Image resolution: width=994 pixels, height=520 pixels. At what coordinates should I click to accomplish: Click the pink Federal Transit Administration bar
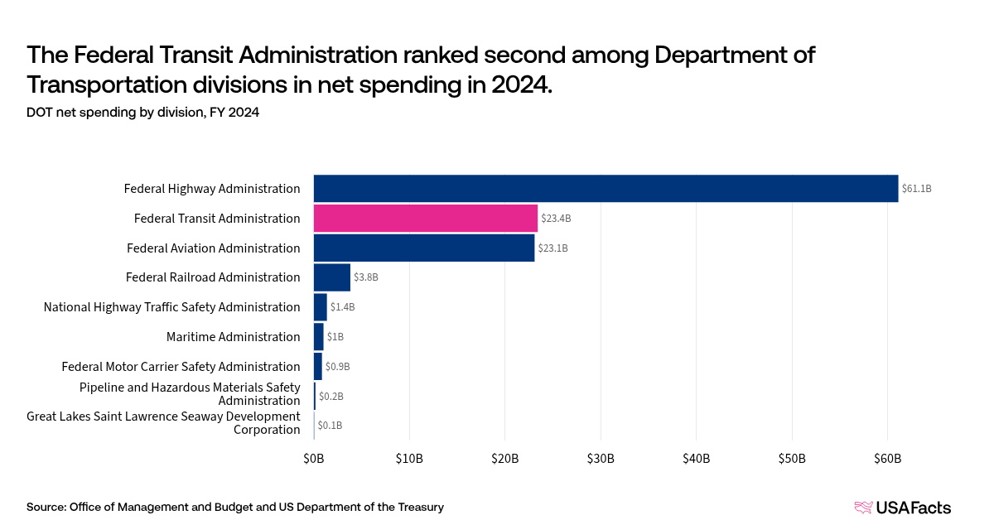click(426, 219)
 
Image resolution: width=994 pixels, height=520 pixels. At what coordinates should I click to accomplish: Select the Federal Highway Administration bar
click(606, 189)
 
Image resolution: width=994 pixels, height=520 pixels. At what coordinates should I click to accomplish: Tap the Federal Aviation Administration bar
click(424, 248)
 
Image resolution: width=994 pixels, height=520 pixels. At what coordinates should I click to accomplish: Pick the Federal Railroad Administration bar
click(332, 277)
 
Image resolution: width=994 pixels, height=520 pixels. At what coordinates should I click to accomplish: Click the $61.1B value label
click(917, 189)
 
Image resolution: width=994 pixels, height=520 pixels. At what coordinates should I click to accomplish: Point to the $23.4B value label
click(556, 219)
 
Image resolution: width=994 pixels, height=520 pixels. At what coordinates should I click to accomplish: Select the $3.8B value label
click(367, 277)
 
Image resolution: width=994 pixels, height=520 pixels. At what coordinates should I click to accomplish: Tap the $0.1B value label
click(330, 426)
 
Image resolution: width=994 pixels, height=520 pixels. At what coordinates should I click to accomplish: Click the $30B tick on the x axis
click(601, 459)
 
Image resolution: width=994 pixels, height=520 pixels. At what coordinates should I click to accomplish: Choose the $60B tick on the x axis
click(887, 459)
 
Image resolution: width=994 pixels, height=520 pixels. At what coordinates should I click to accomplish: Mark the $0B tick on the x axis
click(314, 459)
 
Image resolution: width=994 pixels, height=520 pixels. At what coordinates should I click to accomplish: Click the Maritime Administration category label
click(233, 337)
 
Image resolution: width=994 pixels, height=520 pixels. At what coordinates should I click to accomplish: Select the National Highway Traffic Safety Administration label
click(171, 307)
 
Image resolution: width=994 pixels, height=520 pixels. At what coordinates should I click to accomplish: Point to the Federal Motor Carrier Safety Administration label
click(181, 367)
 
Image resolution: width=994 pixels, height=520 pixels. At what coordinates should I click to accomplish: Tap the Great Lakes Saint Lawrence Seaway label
click(163, 423)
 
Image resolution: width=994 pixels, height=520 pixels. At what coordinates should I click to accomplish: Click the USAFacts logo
click(902, 508)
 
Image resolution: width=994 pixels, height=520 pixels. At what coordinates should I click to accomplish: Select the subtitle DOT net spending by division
click(142, 113)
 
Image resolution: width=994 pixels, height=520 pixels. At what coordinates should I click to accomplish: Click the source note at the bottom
click(234, 507)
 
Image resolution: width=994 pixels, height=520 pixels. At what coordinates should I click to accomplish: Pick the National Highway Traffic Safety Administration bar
click(321, 307)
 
